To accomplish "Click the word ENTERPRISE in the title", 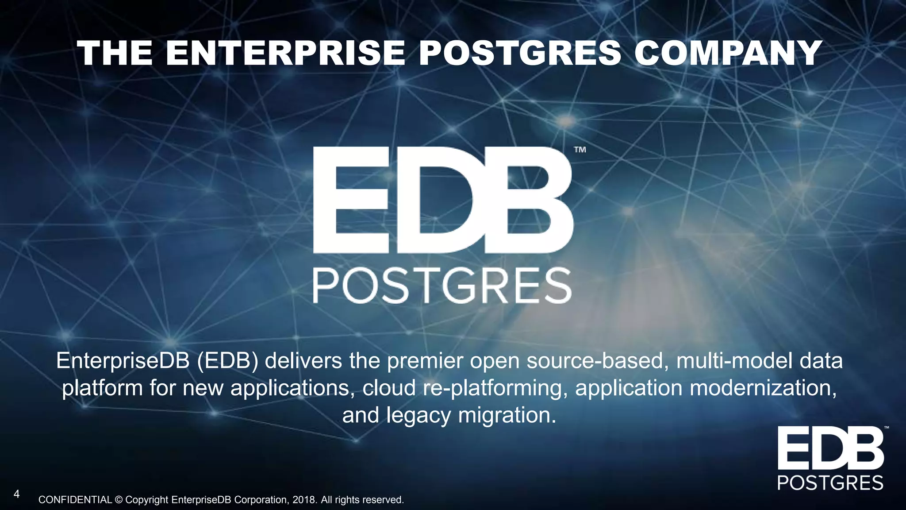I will pyautogui.click(x=285, y=53).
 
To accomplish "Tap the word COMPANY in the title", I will pyautogui.click(x=728, y=53).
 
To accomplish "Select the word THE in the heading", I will pyautogui.click(x=115, y=53).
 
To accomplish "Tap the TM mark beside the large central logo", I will pyautogui.click(x=580, y=150).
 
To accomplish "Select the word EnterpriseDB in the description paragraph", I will pyautogui.click(x=123, y=361).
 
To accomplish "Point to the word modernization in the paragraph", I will pyautogui.click(x=763, y=388).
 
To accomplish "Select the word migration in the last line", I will pyautogui.click(x=507, y=415).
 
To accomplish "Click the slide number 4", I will pyautogui.click(x=16, y=494).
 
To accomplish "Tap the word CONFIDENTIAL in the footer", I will pyautogui.click(x=75, y=500).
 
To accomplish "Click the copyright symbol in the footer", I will pyautogui.click(x=119, y=500).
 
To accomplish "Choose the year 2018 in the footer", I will pyautogui.click(x=304, y=500).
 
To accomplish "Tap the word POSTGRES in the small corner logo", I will pyautogui.click(x=830, y=483).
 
